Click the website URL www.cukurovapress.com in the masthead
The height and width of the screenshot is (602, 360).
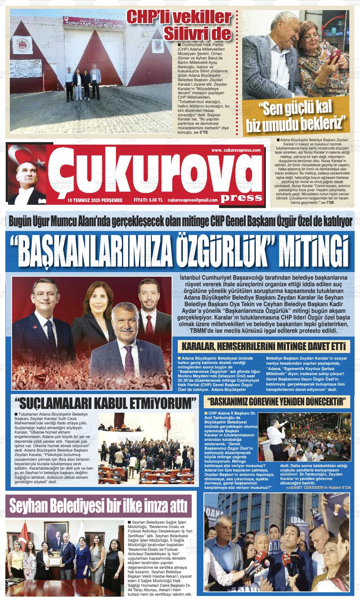pyautogui.click(x=236, y=150)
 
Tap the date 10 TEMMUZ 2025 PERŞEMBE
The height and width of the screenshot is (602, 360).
pyautogui.click(x=95, y=200)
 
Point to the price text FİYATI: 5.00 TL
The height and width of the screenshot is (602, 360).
pyautogui.click(x=148, y=200)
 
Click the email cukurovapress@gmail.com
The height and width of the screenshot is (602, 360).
pyautogui.click(x=193, y=200)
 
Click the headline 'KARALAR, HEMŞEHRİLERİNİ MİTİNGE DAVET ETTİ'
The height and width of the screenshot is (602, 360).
pyautogui.click(x=264, y=347)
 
